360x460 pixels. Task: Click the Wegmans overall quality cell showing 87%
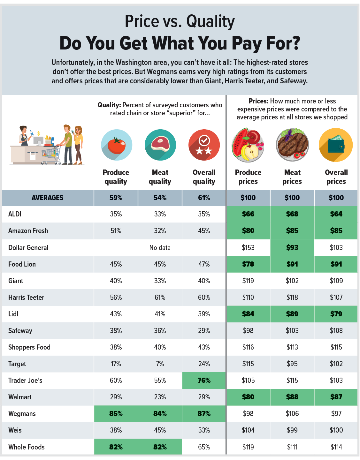204,414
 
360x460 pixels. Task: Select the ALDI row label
15,214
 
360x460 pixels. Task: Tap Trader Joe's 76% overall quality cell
204,381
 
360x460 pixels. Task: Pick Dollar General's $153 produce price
248,248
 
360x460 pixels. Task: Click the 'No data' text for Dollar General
160,248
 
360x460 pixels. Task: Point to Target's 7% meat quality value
160,364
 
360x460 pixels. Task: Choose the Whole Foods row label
27,447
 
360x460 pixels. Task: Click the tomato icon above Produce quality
117,145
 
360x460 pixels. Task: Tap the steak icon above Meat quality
160,145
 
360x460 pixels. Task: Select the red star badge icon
204,145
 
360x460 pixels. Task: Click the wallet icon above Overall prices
336,145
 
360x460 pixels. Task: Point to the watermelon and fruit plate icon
248,145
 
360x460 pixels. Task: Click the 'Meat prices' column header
292,177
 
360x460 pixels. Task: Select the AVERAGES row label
48,198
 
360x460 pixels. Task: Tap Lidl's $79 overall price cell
336,314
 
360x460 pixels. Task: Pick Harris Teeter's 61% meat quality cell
160,298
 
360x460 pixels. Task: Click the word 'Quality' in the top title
211,22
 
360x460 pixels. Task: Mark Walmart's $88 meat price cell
292,397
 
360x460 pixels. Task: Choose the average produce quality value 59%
116,198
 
